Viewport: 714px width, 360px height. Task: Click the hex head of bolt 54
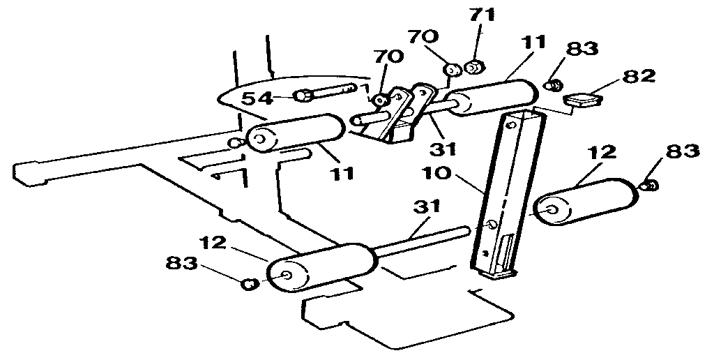pos(303,95)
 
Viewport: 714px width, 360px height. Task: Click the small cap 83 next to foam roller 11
pos(554,85)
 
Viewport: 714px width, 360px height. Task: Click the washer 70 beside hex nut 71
pos(451,70)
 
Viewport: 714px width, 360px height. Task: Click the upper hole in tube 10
pos(513,126)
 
